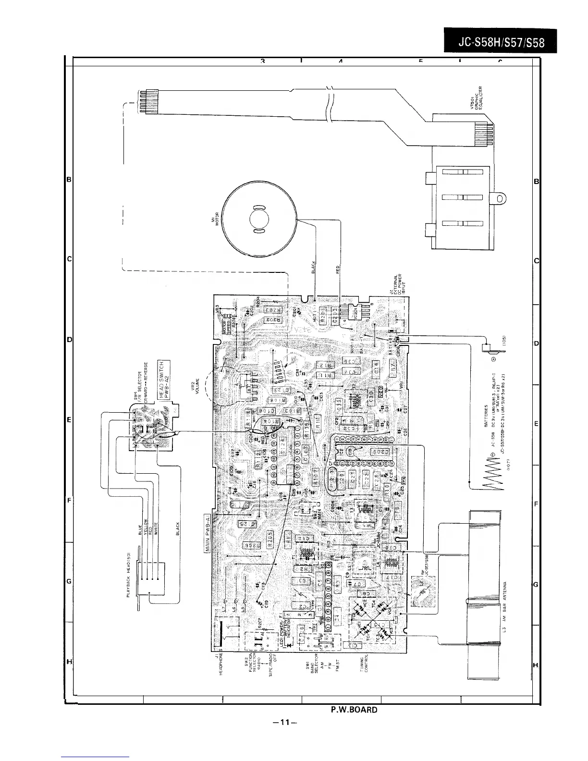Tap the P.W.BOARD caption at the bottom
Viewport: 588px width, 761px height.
pyautogui.click(x=354, y=709)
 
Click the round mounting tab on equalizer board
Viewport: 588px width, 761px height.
pyautogui.click(x=501, y=197)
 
